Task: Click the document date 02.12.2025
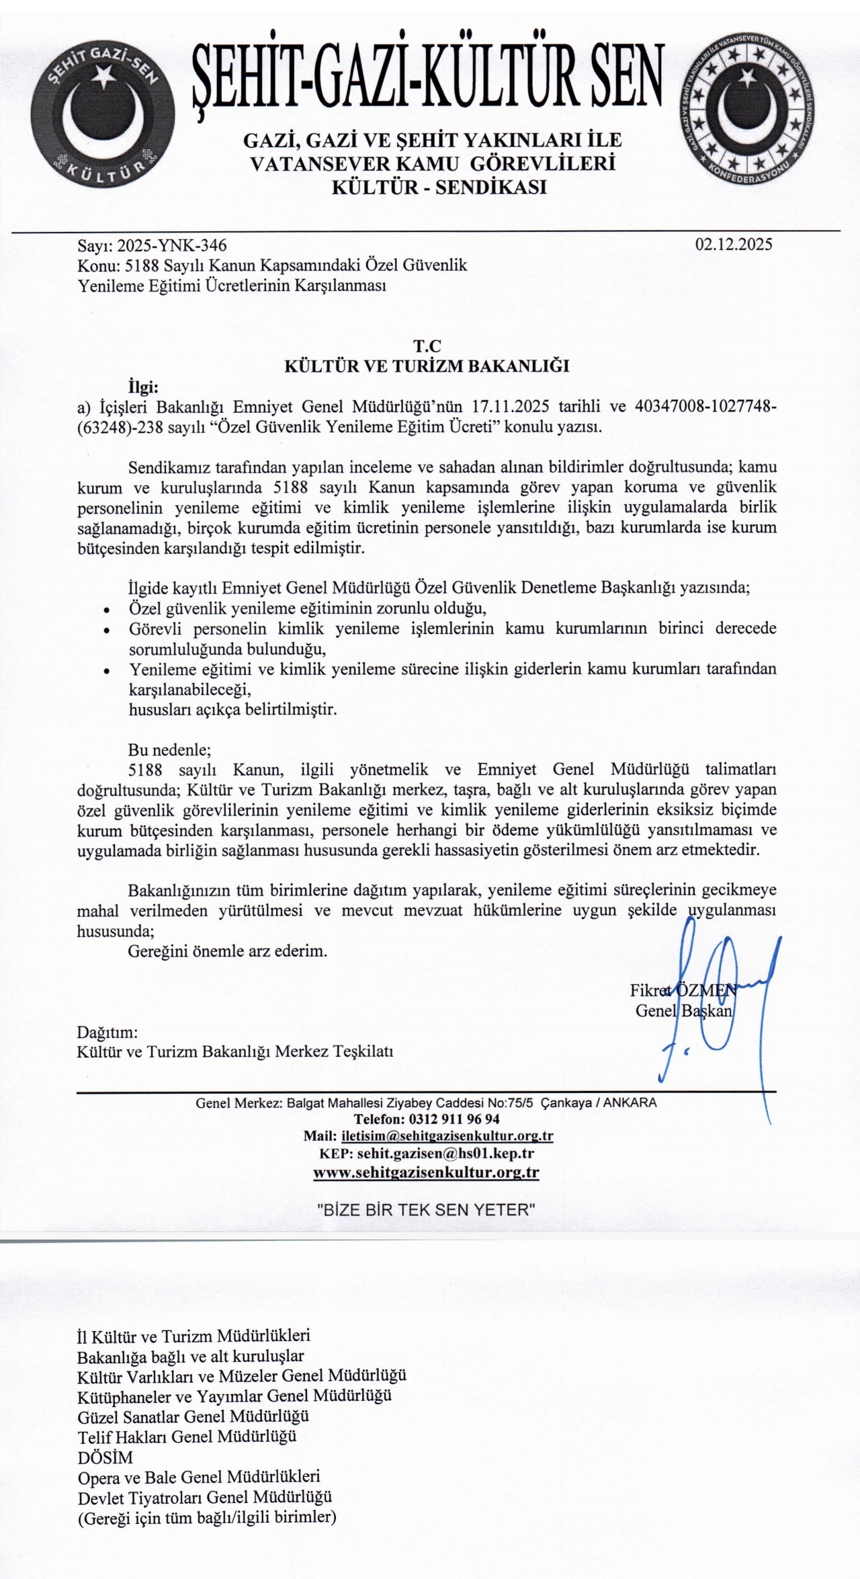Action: point(734,244)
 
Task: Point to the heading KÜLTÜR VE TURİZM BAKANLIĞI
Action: point(427,366)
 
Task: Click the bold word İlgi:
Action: point(142,387)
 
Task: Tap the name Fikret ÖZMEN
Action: point(683,990)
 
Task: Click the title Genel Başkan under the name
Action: point(683,1010)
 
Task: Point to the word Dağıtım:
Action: point(107,1032)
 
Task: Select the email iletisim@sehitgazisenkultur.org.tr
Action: point(447,1136)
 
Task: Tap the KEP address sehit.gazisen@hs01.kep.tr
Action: point(445,1153)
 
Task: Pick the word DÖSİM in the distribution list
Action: point(105,1457)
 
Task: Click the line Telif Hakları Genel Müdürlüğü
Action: point(187,1437)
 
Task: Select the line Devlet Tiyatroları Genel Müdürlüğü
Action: point(205,1498)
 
